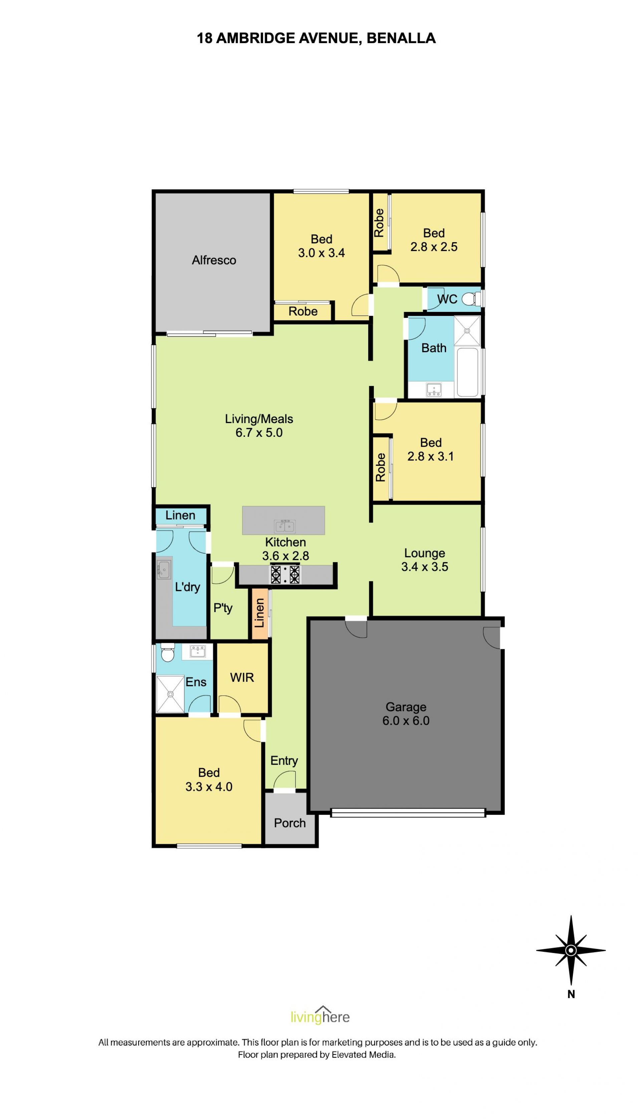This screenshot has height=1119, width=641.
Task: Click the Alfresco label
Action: pyautogui.click(x=214, y=260)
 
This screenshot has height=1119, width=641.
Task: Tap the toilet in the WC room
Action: pyautogui.click(x=471, y=299)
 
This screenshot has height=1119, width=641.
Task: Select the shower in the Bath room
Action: pyautogui.click(x=467, y=330)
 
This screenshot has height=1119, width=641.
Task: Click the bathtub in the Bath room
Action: pyautogui.click(x=467, y=372)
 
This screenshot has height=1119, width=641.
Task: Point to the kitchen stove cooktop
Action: pyautogui.click(x=285, y=574)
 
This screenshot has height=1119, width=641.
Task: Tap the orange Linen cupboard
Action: pyautogui.click(x=260, y=613)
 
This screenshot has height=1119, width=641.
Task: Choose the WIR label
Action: pyautogui.click(x=242, y=678)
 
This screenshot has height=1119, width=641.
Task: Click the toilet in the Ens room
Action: pyautogui.click(x=167, y=652)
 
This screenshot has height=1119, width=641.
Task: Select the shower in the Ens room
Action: pyautogui.click(x=170, y=694)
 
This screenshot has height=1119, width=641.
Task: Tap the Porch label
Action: pyautogui.click(x=290, y=823)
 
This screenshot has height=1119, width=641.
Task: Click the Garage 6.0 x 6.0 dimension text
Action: pyautogui.click(x=406, y=721)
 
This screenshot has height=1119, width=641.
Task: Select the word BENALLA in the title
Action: pyautogui.click(x=401, y=38)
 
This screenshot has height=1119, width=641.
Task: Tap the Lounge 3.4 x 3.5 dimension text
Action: pyautogui.click(x=425, y=567)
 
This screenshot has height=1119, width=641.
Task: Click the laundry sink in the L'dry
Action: pyautogui.click(x=164, y=570)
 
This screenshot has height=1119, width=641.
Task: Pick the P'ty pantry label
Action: pyautogui.click(x=223, y=608)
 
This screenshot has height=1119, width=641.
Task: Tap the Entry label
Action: pyautogui.click(x=284, y=761)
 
